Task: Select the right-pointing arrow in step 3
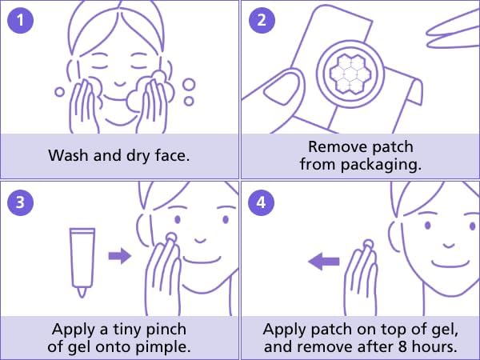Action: [119, 256]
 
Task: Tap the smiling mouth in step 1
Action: [119, 82]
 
